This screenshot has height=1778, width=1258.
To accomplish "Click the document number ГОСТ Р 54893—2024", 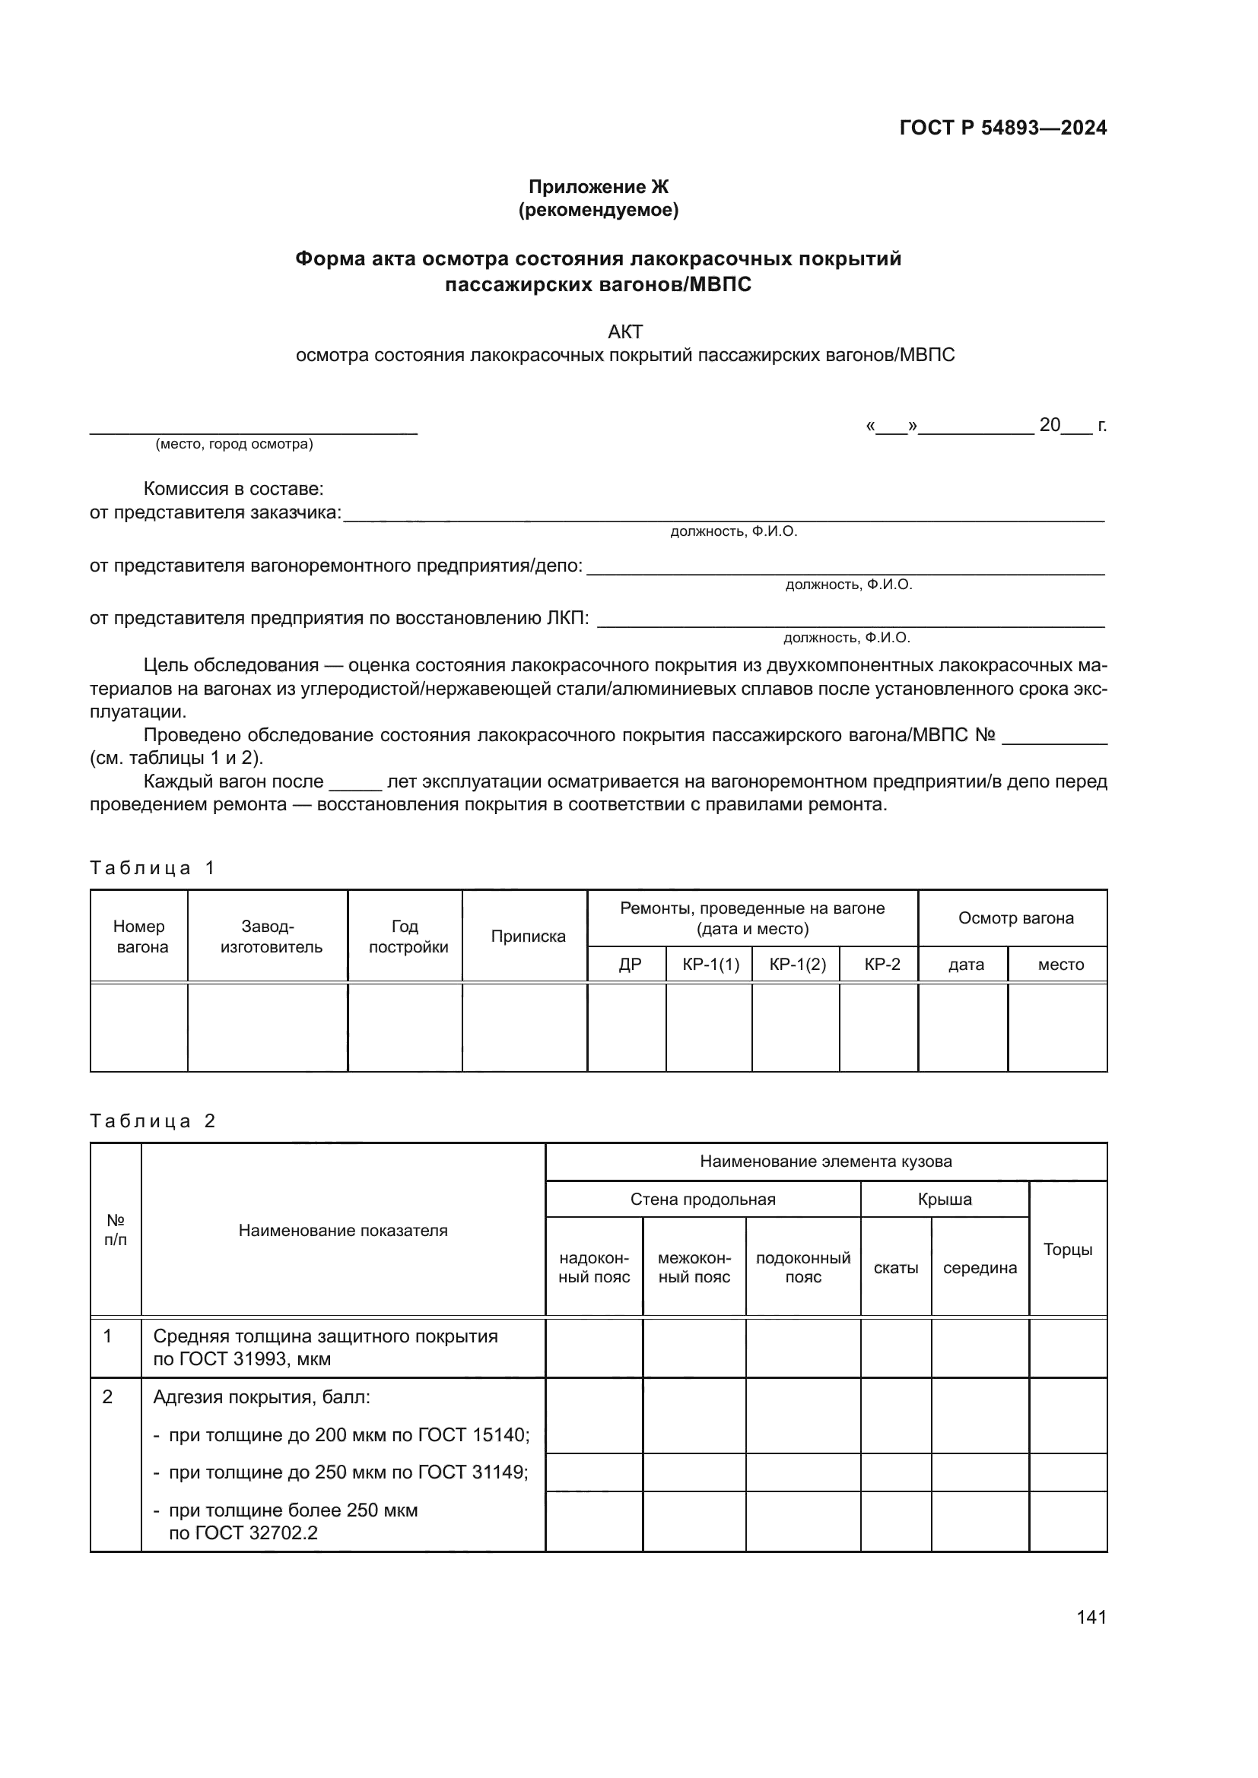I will tap(1002, 128).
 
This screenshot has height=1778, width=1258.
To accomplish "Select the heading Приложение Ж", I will tap(598, 187).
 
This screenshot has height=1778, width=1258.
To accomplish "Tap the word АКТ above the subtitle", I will tap(625, 331).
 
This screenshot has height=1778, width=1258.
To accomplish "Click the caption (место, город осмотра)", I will tap(234, 444).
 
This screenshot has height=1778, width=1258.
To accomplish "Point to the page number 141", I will tap(1091, 1617).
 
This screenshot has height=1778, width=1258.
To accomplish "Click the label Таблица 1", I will tap(152, 867).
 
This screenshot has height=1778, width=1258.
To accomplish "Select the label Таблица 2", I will tap(152, 1120).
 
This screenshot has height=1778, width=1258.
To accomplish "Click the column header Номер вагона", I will tap(139, 937).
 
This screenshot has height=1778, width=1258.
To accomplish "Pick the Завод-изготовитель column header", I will tap(268, 937).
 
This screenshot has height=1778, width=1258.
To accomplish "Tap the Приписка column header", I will tap(528, 937).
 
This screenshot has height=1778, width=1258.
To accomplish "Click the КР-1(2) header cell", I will tap(797, 964).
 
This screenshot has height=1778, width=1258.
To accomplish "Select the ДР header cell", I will tap(630, 964).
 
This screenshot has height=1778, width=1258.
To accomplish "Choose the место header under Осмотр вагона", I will tap(1060, 964).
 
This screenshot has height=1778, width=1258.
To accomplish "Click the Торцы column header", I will tap(1067, 1249).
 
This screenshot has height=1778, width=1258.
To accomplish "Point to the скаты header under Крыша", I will tap(895, 1268).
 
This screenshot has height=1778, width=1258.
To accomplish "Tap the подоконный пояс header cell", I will tap(802, 1267).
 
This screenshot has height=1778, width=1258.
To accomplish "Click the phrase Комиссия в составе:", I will tap(233, 489).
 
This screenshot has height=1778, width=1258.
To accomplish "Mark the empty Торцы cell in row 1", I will tap(1067, 1349).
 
